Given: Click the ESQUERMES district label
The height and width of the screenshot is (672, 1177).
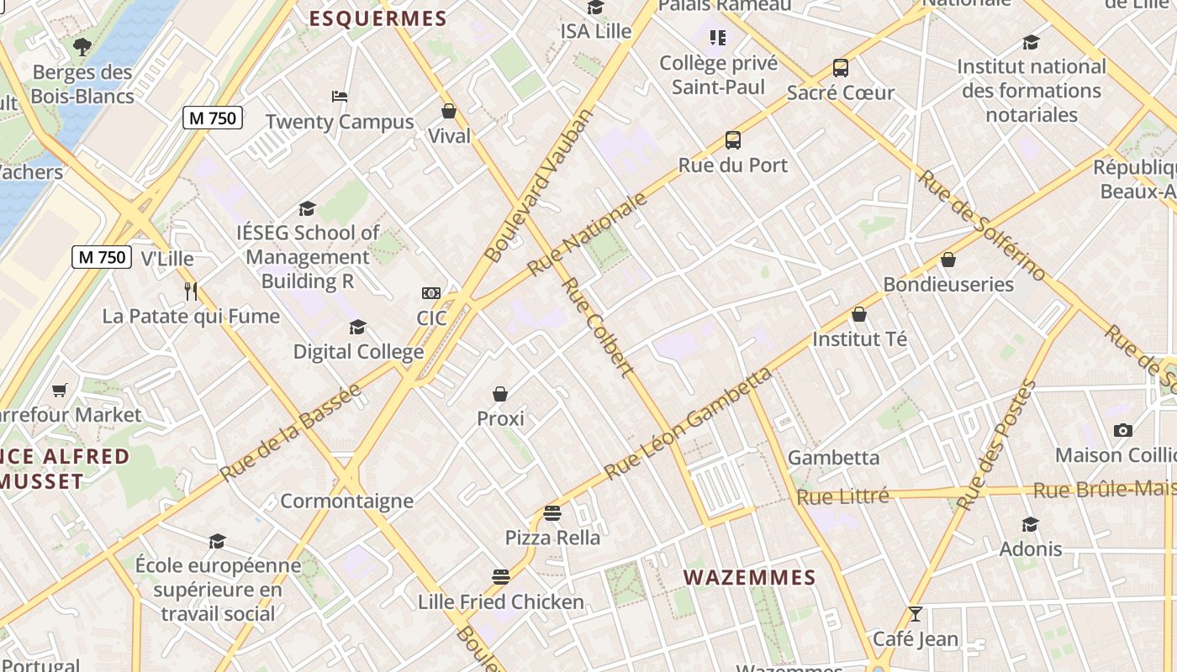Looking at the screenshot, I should [377, 18].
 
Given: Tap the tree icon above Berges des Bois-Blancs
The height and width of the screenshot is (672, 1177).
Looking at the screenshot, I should [82, 47].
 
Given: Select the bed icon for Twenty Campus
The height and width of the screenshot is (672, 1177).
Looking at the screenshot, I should [340, 96].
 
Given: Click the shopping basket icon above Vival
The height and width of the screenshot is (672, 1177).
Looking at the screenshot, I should [449, 111].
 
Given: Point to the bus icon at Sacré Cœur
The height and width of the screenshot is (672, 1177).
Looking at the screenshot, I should [840, 68].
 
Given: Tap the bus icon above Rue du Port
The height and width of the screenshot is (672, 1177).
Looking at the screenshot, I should [733, 140].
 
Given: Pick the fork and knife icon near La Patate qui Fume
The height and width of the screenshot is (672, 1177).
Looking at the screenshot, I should [191, 291].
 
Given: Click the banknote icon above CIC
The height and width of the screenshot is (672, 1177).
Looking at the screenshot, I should [431, 293].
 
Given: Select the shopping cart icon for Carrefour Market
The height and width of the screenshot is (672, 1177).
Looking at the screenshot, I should [59, 390].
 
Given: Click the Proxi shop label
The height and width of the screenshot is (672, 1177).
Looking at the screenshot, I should [500, 418].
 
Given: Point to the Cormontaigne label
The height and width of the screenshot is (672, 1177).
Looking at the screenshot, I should [346, 501].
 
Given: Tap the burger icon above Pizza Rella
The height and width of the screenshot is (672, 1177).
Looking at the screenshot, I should [552, 512].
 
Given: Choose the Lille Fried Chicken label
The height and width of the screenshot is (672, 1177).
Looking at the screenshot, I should [500, 602].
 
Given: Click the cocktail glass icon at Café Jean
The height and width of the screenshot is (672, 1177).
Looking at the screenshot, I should [915, 614].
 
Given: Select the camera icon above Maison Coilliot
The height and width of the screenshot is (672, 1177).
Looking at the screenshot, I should [1123, 430].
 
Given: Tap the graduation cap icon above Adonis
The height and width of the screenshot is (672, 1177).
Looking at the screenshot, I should [1031, 525].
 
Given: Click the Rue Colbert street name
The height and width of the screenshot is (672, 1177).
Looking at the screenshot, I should [597, 327].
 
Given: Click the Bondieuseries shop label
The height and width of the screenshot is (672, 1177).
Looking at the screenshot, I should [948, 285].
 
